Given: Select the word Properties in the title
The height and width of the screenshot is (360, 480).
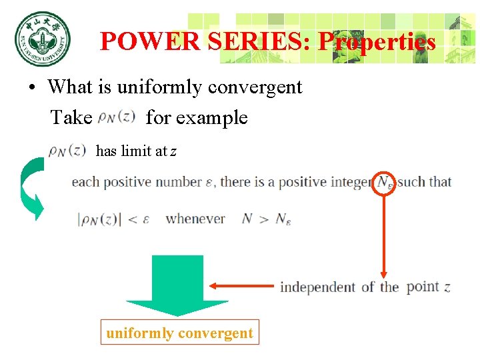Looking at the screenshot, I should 377,42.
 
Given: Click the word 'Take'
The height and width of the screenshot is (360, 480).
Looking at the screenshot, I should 71,118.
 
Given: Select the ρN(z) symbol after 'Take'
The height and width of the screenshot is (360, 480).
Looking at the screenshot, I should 117,118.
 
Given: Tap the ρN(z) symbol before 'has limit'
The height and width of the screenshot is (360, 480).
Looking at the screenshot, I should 67,151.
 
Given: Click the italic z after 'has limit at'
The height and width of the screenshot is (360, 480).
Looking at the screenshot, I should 173,151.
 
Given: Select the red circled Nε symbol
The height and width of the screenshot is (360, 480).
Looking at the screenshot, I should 385,181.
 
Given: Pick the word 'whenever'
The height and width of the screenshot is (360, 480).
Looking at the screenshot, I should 195,219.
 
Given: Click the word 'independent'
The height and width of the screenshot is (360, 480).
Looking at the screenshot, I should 317,287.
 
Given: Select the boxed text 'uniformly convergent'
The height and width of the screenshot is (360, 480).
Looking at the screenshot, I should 179,333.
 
